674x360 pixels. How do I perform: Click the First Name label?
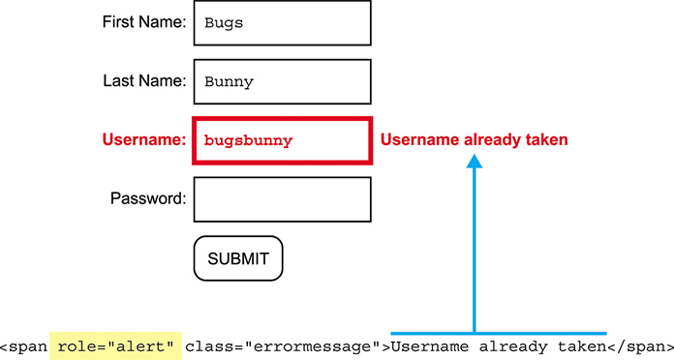tap(143, 22)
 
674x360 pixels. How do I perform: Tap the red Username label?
tap(143, 140)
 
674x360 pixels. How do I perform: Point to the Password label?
tap(147, 199)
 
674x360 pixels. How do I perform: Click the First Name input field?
tap(282, 22)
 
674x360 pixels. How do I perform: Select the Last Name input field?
tap(282, 81)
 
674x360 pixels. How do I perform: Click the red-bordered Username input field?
tap(282, 141)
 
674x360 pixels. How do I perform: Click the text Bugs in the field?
tap(224, 23)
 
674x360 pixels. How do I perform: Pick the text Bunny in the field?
tap(229, 82)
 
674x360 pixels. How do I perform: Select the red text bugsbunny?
tap(248, 141)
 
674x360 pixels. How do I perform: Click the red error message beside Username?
tap(474, 140)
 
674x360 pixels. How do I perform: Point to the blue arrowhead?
tap(474, 165)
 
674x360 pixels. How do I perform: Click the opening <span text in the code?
tap(23, 346)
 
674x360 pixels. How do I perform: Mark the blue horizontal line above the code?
tap(499, 333)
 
